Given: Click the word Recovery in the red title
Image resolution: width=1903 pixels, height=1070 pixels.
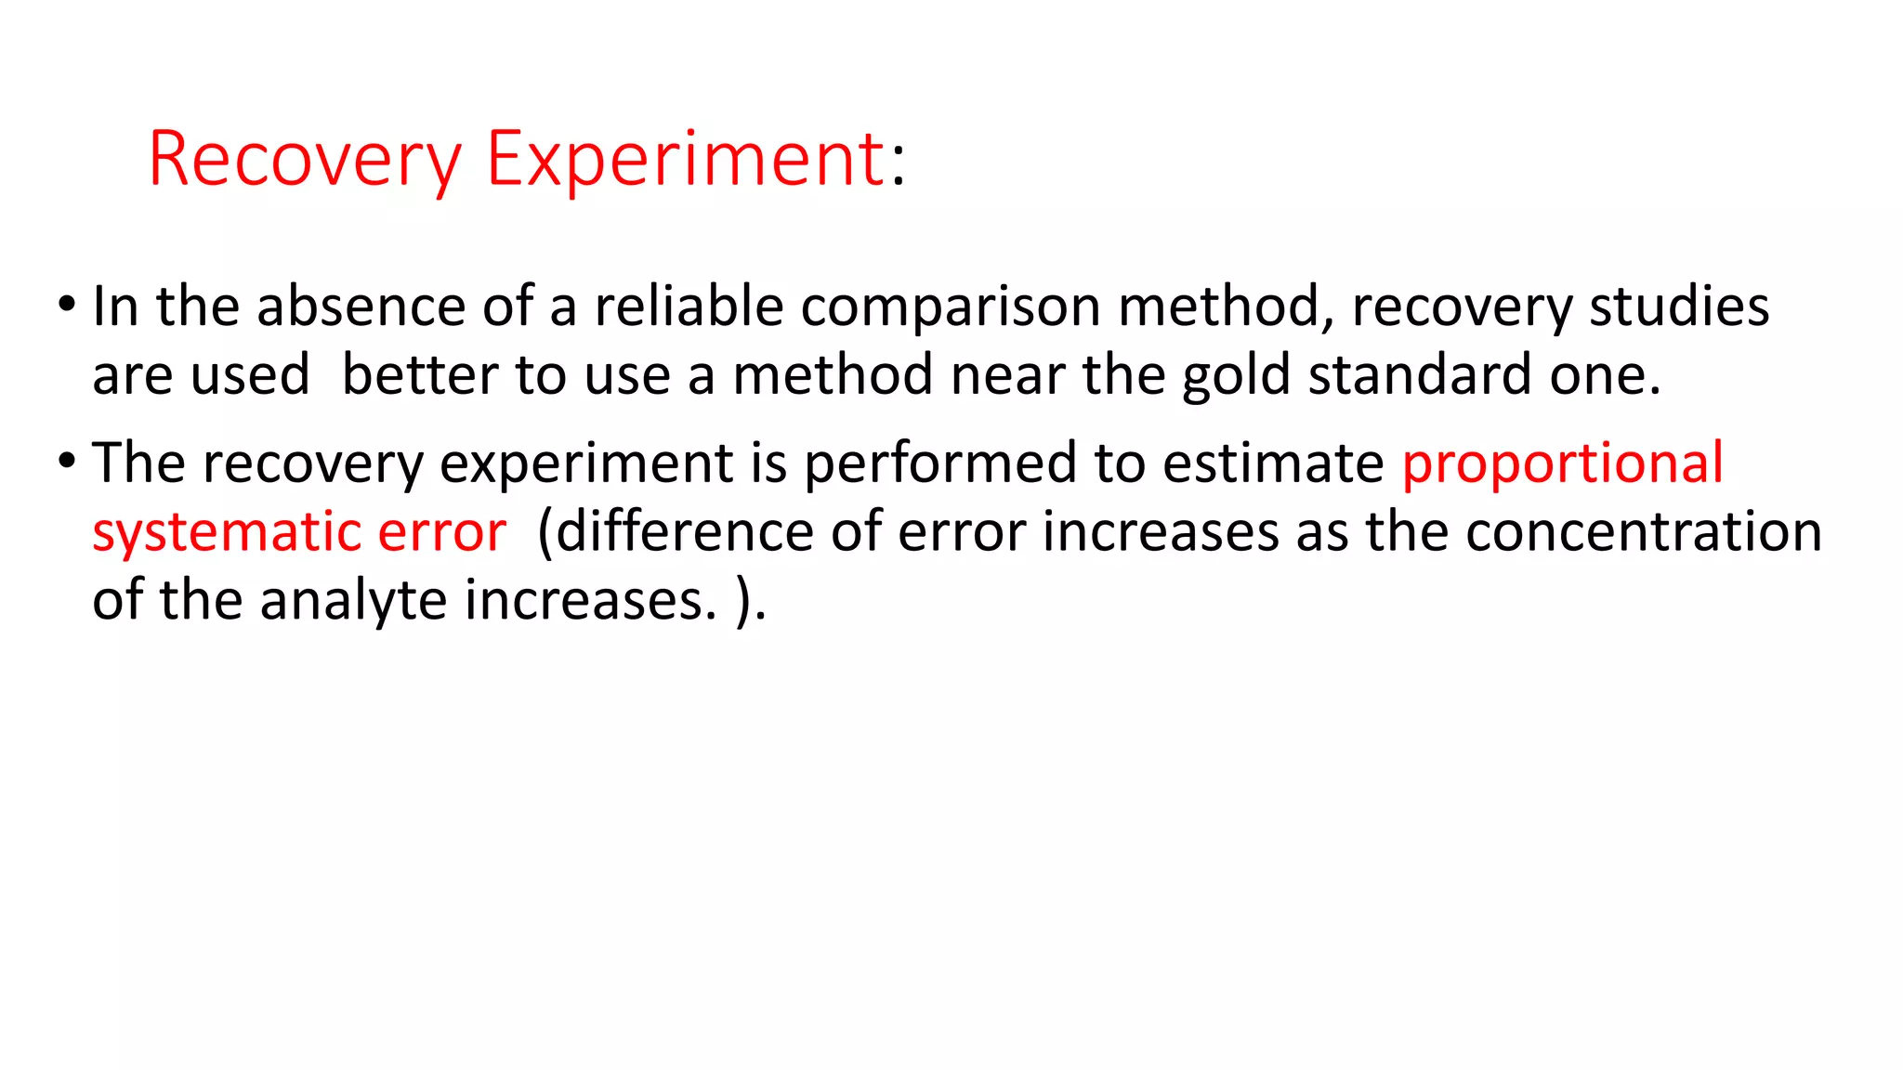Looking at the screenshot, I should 305,161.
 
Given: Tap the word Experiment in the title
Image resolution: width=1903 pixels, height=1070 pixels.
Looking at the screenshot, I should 686,159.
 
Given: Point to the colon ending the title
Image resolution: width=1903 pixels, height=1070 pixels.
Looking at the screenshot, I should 898,167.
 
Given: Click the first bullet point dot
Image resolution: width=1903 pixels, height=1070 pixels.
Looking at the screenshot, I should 66,304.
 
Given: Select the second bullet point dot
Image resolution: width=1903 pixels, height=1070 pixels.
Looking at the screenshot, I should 66,460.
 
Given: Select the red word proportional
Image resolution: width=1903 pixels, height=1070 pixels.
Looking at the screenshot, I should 1562,465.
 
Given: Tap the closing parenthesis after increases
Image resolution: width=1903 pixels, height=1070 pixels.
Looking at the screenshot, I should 744,602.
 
